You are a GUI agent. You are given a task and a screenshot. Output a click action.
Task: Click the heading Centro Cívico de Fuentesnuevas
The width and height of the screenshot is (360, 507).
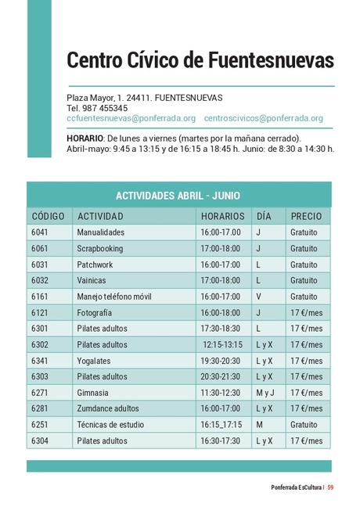click(200, 60)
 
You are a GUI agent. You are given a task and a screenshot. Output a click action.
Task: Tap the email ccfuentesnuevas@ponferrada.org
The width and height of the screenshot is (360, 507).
click(131, 119)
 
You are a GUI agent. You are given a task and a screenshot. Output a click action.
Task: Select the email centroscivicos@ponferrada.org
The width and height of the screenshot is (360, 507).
click(263, 119)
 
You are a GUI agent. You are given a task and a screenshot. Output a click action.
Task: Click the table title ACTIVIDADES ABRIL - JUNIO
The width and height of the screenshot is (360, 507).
click(178, 196)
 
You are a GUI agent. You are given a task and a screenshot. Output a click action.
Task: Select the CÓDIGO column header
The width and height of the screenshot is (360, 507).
click(49, 216)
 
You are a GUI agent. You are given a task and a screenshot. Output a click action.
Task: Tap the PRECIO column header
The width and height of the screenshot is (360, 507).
click(306, 216)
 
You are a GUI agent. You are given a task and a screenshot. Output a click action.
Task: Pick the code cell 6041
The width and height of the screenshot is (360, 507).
click(40, 232)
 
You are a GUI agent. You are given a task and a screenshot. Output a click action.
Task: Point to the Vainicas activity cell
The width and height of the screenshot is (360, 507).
click(92, 280)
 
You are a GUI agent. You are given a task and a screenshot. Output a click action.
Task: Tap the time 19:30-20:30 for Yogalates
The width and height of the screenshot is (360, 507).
click(221, 361)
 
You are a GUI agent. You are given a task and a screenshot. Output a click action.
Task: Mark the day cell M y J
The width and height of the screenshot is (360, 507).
click(265, 393)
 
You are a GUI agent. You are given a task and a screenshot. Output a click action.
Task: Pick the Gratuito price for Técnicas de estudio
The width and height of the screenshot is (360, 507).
click(304, 425)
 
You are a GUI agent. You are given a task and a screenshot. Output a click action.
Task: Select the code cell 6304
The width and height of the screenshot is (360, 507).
click(40, 440)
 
